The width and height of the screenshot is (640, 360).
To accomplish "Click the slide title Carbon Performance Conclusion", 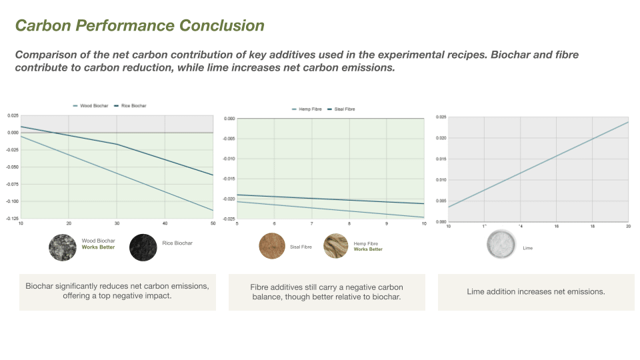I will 140,26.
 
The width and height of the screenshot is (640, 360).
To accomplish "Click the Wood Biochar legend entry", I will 91,106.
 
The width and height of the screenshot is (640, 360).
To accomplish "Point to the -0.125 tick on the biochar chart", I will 13,218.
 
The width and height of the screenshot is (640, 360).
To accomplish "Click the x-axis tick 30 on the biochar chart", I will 117,223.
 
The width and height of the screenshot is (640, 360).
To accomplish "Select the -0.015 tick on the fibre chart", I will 229,179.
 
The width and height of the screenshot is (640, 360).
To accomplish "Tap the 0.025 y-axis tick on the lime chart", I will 441,117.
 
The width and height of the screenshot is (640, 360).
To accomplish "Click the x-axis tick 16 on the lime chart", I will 556,227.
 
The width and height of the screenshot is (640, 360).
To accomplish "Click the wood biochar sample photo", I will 63,247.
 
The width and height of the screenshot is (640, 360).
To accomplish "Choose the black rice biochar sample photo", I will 143,247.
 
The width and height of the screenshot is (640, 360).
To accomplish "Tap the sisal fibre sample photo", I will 272,247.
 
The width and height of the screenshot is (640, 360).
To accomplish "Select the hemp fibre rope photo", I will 336,247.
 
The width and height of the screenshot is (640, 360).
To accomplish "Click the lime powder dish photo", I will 501,244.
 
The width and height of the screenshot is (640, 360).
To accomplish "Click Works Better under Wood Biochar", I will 98,247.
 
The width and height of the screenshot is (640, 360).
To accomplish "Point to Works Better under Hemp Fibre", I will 368,249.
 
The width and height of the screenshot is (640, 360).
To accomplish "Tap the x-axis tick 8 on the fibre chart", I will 349,223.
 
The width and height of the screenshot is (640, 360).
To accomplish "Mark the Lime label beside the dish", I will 528,248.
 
